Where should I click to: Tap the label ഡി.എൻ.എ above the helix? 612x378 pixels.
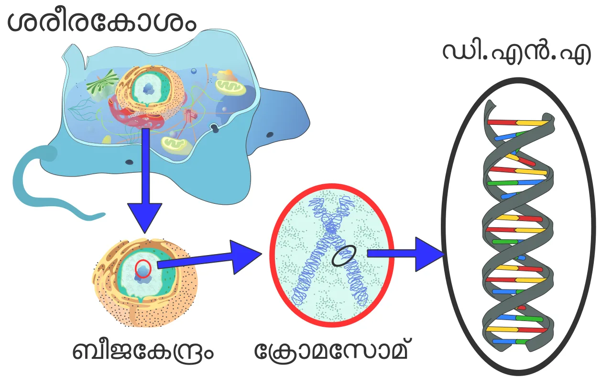(x=517, y=53)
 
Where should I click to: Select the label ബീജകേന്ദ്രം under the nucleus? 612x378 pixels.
(x=142, y=351)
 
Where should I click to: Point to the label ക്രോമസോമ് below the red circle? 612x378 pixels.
(x=331, y=350)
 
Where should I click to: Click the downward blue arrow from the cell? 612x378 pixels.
(x=145, y=180)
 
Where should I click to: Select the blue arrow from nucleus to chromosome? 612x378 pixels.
(x=209, y=257)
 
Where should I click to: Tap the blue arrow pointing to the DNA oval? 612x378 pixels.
(x=406, y=254)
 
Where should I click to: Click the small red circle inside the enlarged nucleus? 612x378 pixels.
(x=143, y=268)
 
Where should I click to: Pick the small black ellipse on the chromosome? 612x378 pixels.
(x=344, y=256)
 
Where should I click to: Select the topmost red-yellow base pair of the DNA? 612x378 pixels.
(x=518, y=122)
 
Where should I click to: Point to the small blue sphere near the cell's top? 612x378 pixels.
(x=194, y=71)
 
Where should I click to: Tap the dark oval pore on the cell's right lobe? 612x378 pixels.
(x=270, y=134)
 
